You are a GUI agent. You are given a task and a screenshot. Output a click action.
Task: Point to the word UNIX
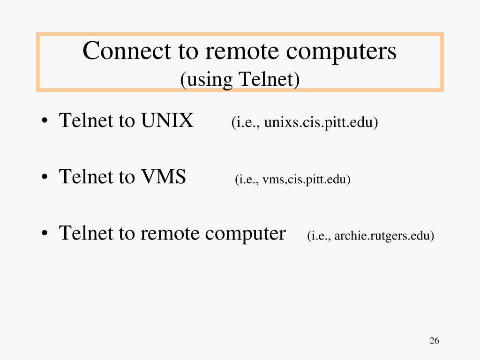167,121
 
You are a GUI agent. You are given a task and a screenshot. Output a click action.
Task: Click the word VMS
163,177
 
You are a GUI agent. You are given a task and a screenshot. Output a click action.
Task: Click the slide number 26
434,341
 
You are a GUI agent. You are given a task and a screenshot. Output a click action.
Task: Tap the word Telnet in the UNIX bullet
86,121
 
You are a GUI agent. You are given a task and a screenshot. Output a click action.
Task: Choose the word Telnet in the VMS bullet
86,177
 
